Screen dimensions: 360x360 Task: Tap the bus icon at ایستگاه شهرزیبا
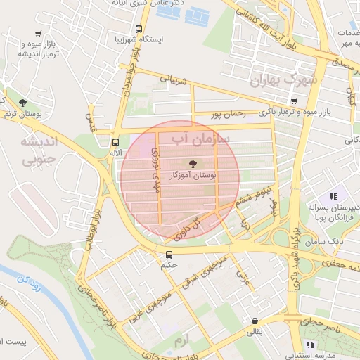(139, 30)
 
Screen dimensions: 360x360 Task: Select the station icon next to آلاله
(115, 141)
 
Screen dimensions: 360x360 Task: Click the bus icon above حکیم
(169, 255)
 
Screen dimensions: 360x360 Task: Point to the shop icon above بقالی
(253, 321)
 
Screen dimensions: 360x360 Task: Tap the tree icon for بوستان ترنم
(23, 102)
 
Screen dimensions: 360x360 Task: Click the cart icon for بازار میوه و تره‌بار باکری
(293, 101)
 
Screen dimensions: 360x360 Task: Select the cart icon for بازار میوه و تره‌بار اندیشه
(37, 34)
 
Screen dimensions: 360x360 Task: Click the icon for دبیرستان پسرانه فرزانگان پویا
(333, 196)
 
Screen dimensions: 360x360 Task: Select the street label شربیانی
(175, 81)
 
